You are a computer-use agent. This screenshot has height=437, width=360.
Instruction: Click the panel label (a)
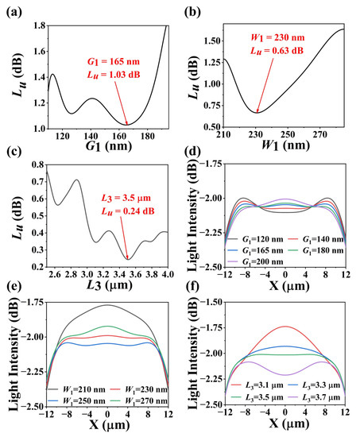click(12, 9)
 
